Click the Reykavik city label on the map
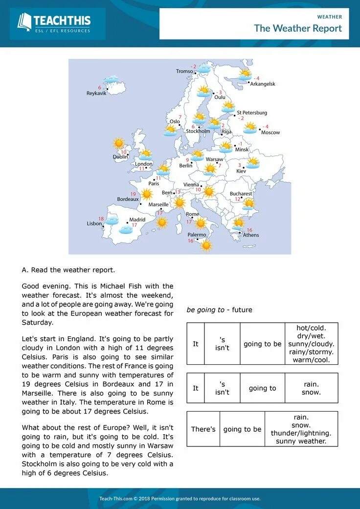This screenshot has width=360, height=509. click(96, 93)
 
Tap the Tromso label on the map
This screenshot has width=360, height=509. click(184, 71)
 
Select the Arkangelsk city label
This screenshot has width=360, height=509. click(263, 84)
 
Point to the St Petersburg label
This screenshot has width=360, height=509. click(252, 112)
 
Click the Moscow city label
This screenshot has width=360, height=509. click(270, 133)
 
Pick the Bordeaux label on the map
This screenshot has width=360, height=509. click(128, 199)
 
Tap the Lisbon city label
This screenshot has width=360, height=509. click(94, 223)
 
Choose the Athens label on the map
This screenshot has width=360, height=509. click(251, 235)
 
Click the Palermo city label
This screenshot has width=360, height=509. click(197, 235)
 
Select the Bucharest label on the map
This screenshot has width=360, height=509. click(241, 194)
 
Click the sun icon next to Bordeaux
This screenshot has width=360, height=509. click(147, 194)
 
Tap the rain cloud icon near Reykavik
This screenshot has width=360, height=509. click(112, 80)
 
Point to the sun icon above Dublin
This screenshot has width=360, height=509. click(119, 143)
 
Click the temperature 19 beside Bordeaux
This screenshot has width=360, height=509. click(133, 194)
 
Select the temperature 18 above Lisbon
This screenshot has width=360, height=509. click(101, 219)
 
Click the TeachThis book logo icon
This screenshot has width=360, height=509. click(24, 22)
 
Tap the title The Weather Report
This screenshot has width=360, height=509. click(298, 28)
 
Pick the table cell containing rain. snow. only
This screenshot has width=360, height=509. click(311, 388)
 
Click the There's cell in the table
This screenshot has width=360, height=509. click(203, 429)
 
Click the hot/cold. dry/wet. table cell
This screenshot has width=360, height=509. click(311, 344)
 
